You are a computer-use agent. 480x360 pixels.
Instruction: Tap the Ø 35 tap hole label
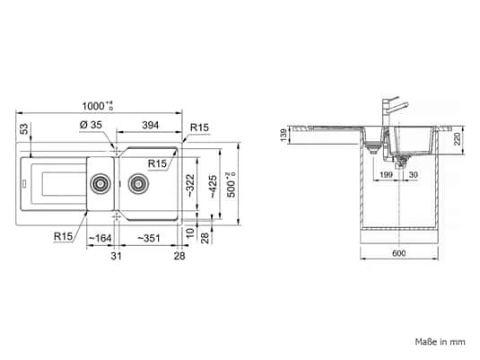[x=91, y=125]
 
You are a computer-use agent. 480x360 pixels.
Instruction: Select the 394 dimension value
[x=151, y=125]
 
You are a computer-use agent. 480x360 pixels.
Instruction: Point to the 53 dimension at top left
[x=24, y=129]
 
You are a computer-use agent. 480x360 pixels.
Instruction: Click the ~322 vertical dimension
[x=190, y=186]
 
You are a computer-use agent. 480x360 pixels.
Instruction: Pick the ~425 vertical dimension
[x=213, y=187]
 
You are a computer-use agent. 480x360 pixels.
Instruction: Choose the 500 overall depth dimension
[x=231, y=185]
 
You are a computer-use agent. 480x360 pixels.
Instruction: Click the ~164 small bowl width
[x=100, y=238]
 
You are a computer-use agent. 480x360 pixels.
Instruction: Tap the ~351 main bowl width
[x=148, y=238]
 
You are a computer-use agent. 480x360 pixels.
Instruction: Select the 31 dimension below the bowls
[x=116, y=256]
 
